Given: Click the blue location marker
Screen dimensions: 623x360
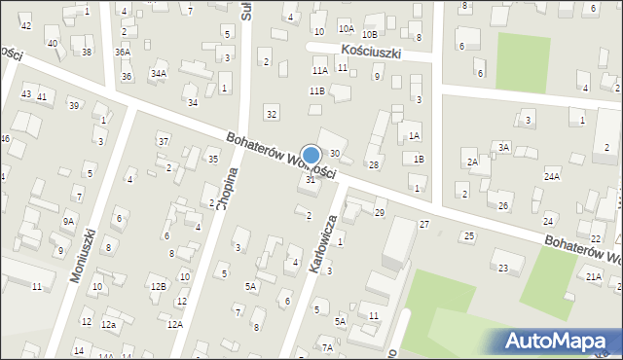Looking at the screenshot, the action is [311, 155].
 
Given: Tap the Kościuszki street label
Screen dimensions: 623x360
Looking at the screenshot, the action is [371, 50].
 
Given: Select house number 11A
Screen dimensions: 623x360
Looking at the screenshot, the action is [319, 70].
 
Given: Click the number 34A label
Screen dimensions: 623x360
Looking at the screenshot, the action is [158, 73].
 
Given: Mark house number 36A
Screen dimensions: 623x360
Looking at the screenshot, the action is [122, 53].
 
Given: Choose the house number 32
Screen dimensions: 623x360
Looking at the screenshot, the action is [272, 115].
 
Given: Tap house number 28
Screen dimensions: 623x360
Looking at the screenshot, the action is [373, 164].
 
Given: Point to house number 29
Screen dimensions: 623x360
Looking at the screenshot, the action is [380, 212].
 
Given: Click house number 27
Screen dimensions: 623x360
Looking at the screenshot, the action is [424, 225].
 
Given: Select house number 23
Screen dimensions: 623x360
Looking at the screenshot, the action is [503, 268].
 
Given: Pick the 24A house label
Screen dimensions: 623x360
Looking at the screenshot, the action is [552, 176].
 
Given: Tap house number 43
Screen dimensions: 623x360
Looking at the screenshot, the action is [25, 94].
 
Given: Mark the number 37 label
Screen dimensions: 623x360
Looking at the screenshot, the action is [164, 142].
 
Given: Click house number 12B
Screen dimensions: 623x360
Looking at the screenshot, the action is [157, 286].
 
